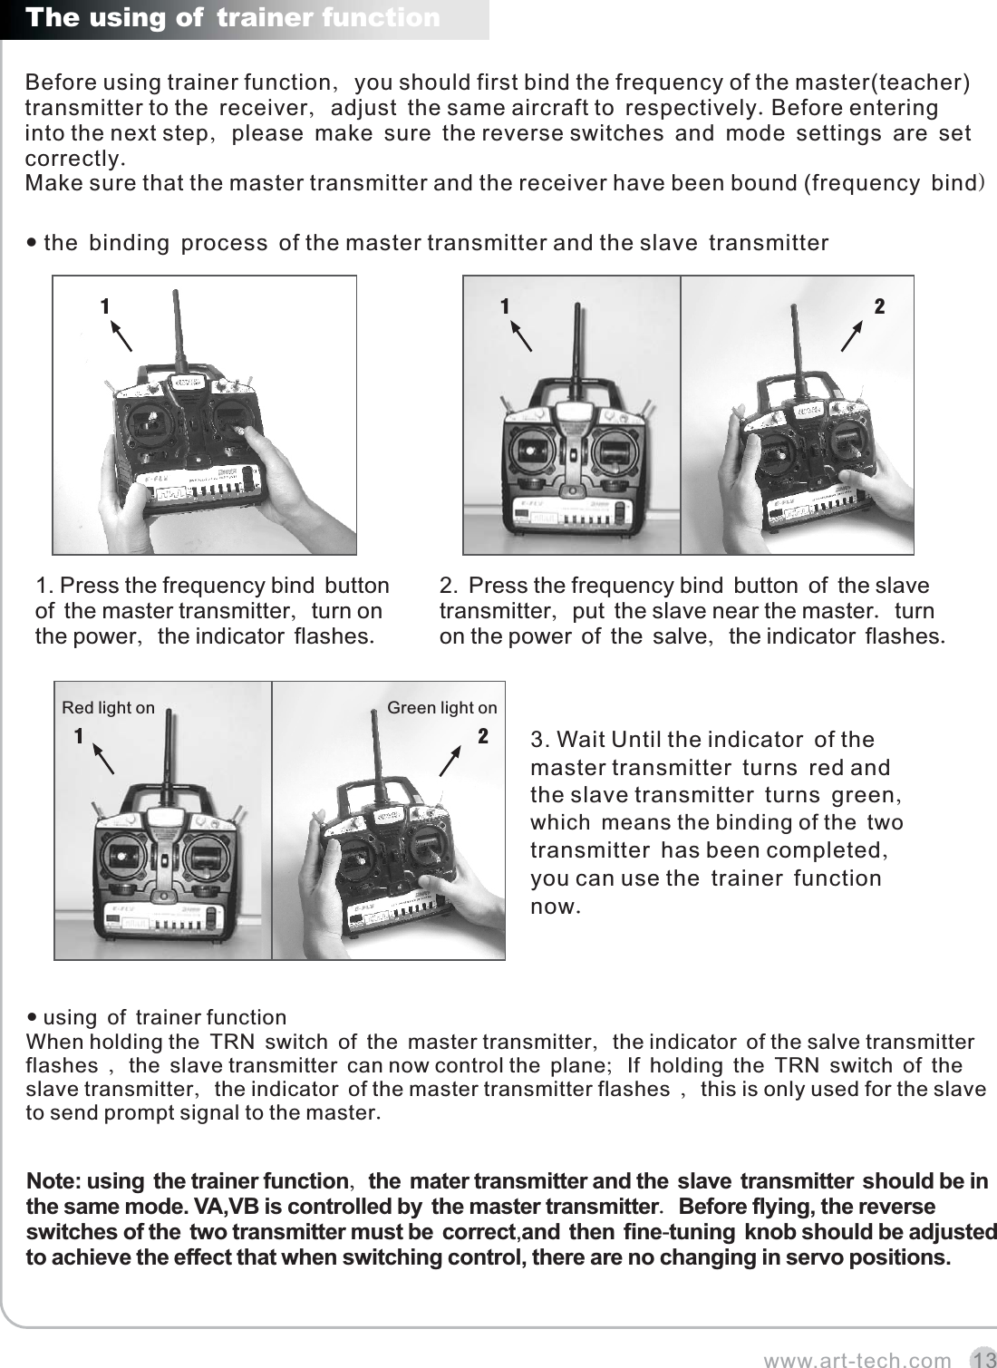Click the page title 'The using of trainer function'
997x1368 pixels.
(233, 18)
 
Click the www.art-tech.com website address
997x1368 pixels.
(857, 1360)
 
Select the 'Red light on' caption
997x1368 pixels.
(108, 707)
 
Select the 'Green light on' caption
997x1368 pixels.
(441, 707)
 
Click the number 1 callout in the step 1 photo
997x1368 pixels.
(105, 307)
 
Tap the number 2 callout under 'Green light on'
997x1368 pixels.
(483, 736)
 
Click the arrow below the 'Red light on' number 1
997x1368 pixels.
(104, 760)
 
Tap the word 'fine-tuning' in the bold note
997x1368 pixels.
(679, 1233)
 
